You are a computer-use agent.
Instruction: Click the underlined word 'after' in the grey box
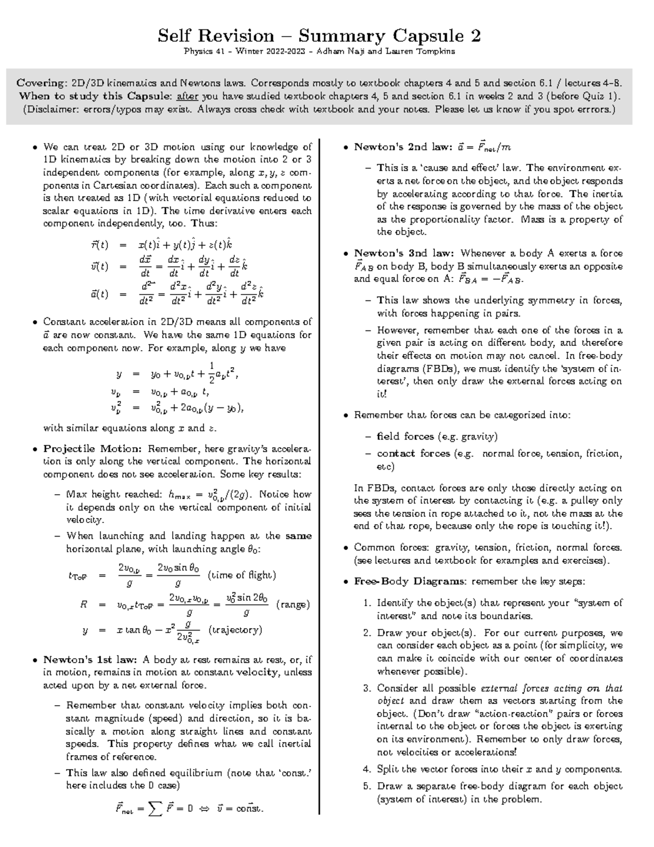[x=186, y=97]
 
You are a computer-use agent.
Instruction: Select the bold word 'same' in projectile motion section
[x=298, y=536]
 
